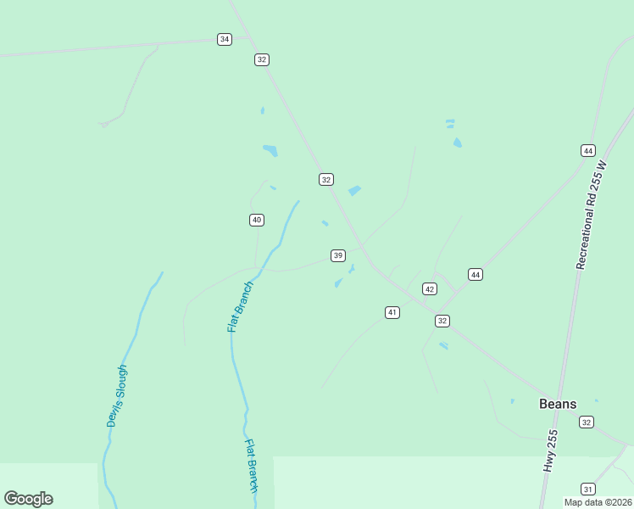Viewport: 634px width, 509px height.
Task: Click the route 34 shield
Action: click(x=224, y=39)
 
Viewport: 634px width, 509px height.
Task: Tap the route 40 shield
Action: click(x=257, y=220)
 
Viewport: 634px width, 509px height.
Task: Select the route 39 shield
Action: click(x=338, y=255)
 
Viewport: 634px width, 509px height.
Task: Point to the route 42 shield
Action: click(x=430, y=289)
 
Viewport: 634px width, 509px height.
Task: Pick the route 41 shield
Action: click(x=392, y=312)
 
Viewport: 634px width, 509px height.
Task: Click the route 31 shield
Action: click(x=587, y=489)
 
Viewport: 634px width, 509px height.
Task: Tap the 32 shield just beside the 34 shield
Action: click(x=261, y=59)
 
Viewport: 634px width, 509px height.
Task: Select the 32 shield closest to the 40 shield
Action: click(x=326, y=179)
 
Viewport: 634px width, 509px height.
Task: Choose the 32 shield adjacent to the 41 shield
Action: click(x=442, y=321)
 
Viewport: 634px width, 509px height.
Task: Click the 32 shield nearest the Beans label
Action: click(x=587, y=422)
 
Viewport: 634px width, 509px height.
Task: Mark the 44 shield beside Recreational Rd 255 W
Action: click(x=588, y=150)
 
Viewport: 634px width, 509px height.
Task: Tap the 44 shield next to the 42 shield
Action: click(x=475, y=274)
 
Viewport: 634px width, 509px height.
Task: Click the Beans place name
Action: click(x=558, y=404)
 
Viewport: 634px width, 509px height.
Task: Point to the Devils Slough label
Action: click(x=116, y=395)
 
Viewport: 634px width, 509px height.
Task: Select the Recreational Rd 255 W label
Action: click(x=592, y=215)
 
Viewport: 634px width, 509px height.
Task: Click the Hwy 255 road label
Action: click(x=551, y=451)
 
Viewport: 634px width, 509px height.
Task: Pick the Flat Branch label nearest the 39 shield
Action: click(x=240, y=306)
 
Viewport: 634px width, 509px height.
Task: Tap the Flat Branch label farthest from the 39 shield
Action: click(x=252, y=465)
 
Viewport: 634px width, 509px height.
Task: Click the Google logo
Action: click(x=28, y=499)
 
